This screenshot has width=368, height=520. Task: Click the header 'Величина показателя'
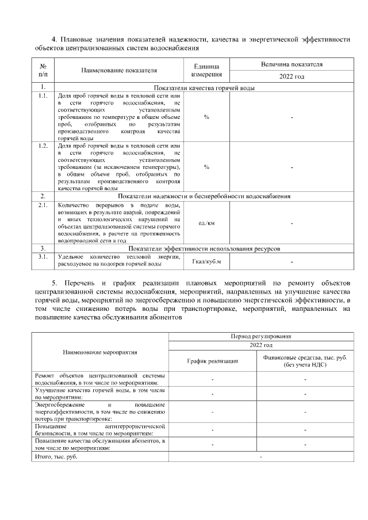pos(292,64)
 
